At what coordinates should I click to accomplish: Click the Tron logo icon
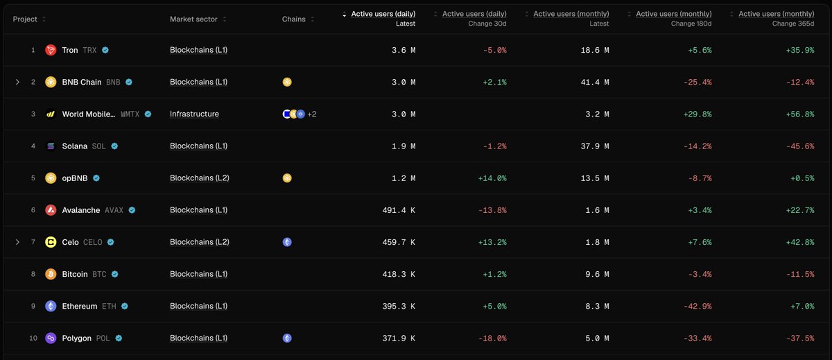tap(51, 50)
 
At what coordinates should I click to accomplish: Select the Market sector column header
tap(193, 19)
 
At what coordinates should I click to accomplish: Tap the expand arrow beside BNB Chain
tap(17, 82)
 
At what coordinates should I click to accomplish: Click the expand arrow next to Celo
tap(17, 242)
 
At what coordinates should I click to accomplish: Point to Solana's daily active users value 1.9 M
tap(404, 146)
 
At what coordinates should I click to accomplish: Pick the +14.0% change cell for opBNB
tap(492, 178)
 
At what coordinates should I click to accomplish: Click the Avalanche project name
tap(81, 210)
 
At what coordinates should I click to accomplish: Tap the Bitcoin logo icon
tap(51, 274)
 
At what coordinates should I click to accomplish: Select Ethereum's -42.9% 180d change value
tap(697, 307)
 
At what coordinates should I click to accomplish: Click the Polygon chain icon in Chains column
tap(287, 338)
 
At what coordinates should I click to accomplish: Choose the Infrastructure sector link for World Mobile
tap(194, 114)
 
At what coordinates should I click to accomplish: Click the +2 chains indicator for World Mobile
tap(312, 114)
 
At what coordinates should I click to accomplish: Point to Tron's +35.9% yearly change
tap(800, 50)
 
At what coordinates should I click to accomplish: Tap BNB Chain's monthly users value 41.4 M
tap(595, 82)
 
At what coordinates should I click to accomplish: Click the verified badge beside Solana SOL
tap(114, 146)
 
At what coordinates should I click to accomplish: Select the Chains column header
tap(293, 19)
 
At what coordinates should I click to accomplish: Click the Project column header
tap(25, 19)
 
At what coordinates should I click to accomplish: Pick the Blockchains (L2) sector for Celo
tap(200, 242)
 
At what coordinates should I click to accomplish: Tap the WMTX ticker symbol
tap(130, 114)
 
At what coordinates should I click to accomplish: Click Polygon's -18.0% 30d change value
tap(492, 338)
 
